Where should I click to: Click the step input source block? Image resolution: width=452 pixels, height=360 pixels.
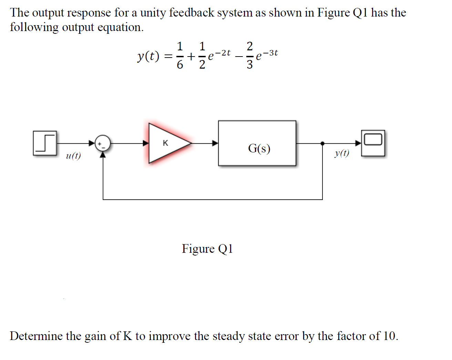pyautogui.click(x=45, y=143)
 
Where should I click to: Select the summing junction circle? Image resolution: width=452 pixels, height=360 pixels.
pyautogui.click(x=103, y=143)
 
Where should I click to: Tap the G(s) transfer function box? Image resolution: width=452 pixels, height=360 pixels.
pyautogui.click(x=257, y=143)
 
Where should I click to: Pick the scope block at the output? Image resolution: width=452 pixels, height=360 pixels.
pyautogui.click(x=373, y=143)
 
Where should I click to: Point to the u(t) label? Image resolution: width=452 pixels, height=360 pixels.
pyautogui.click(x=73, y=156)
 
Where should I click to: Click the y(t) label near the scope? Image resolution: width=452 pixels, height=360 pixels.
pyautogui.click(x=341, y=153)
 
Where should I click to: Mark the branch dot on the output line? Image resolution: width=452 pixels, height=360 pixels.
pyautogui.click(x=322, y=143)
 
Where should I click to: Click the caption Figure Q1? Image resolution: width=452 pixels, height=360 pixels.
pyautogui.click(x=207, y=249)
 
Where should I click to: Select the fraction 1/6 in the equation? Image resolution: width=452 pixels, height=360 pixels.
pyautogui.click(x=179, y=55)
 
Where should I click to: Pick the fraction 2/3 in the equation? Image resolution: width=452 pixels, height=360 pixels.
pyautogui.click(x=250, y=55)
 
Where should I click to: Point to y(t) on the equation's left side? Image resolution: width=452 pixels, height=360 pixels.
pyautogui.click(x=148, y=56)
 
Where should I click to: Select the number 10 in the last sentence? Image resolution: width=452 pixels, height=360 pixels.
pyautogui.click(x=389, y=336)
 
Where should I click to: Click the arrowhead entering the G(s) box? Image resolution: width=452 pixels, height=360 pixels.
pyautogui.click(x=215, y=143)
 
